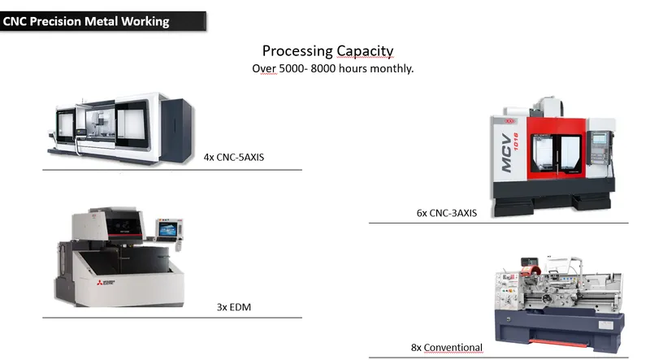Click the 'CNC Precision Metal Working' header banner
coord(103,21)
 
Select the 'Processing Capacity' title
coord(328,51)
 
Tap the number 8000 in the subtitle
coord(323,68)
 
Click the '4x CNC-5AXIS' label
coord(234,157)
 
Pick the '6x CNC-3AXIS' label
coord(446,213)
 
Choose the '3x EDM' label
coord(234,307)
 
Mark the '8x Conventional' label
coord(446,348)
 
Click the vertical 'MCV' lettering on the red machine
coord(506,153)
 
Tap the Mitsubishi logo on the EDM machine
coord(106,283)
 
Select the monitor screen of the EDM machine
coord(167,229)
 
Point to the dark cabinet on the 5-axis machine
coord(177,129)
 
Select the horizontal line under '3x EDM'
coord(172,318)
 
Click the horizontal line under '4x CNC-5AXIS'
coord(172,170)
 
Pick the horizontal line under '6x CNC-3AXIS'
coord(499,223)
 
